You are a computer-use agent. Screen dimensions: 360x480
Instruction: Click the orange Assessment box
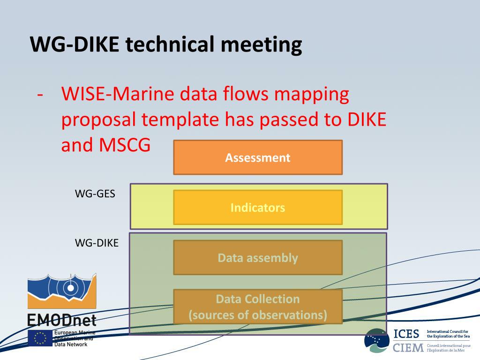point(258,157)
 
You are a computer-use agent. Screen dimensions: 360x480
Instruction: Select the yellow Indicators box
point(258,207)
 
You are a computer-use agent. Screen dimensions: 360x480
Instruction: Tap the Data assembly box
point(258,258)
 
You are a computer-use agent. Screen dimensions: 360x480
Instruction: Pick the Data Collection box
point(258,307)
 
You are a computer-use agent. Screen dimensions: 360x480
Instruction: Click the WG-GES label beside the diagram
point(95,193)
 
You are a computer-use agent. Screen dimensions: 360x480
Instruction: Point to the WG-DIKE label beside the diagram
point(97,243)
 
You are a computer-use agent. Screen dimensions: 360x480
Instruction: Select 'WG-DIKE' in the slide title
point(75,45)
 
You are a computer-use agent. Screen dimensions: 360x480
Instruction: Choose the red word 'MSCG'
point(125,145)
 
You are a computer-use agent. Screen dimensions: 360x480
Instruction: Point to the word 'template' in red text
point(180,120)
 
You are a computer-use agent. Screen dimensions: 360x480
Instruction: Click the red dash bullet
point(41,95)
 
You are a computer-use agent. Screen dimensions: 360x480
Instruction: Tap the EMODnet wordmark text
point(61,321)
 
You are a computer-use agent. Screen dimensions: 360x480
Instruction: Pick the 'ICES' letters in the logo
point(406,334)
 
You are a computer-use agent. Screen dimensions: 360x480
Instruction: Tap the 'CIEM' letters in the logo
point(408,348)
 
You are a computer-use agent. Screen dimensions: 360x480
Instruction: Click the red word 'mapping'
point(312,94)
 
